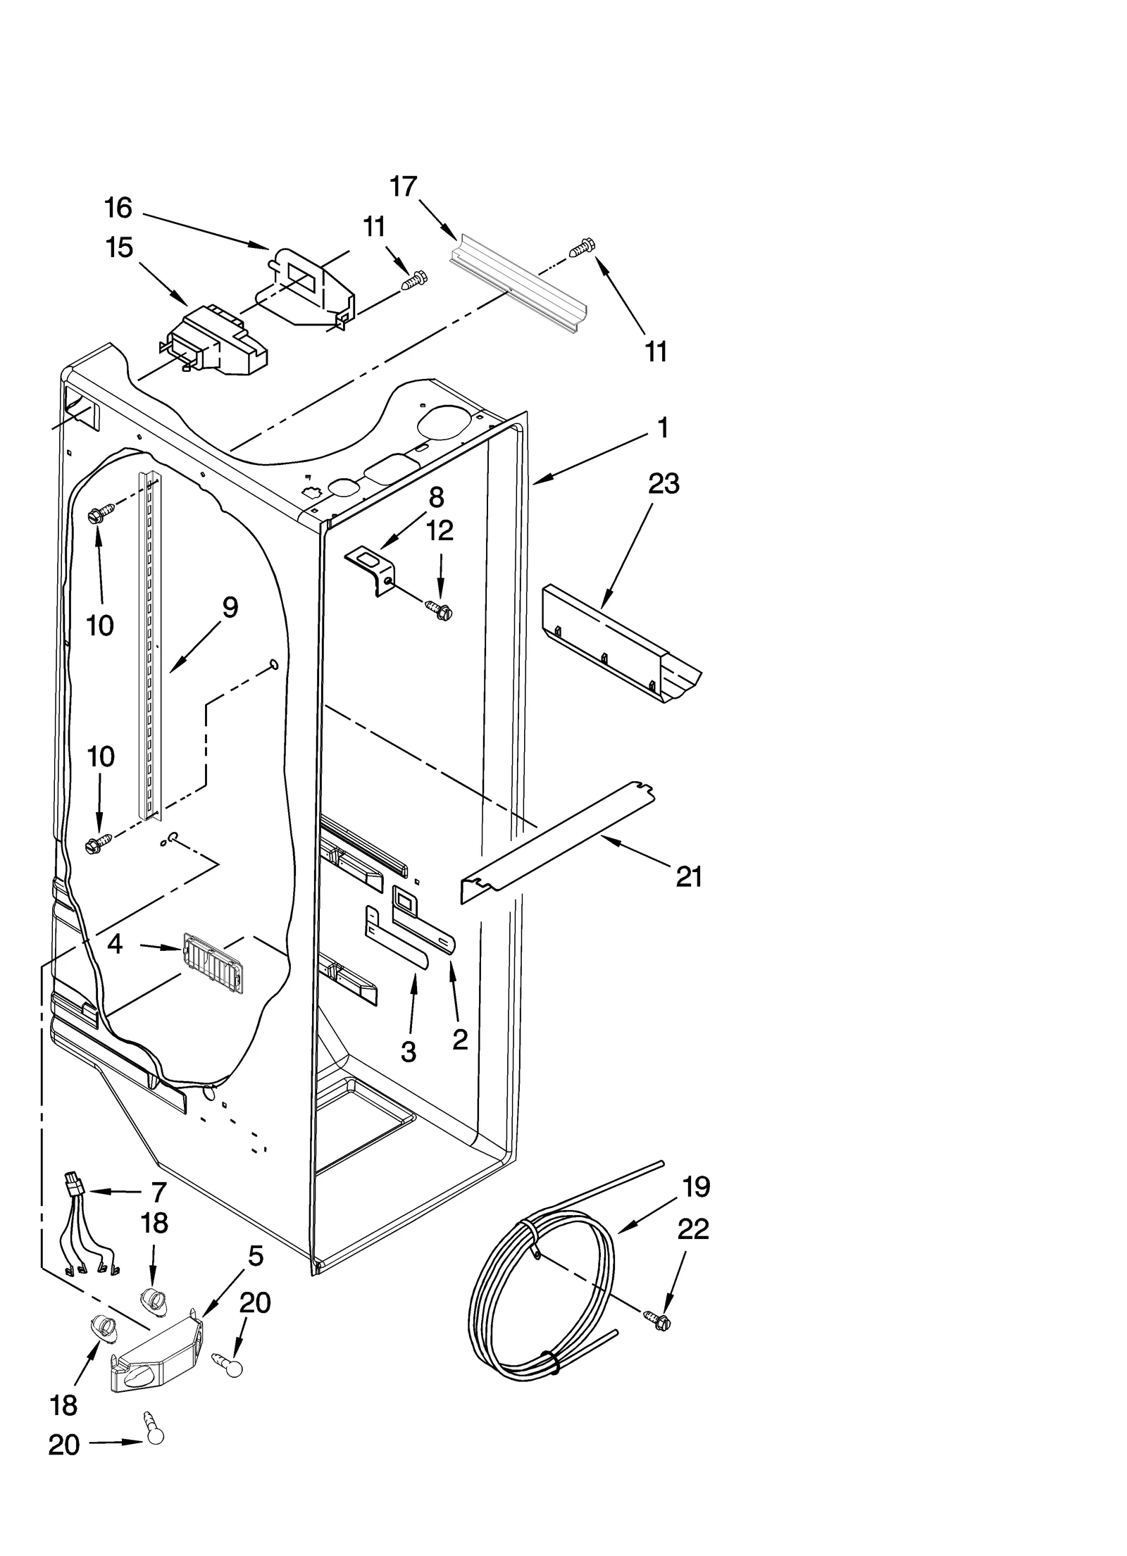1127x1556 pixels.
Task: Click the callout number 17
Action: coord(404,187)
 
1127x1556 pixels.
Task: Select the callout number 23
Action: coord(664,484)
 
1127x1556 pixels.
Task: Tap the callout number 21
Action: coord(689,877)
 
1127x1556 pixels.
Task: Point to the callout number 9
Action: coord(230,608)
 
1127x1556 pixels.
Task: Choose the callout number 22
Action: coord(693,1230)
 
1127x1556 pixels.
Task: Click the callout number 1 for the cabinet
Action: coord(662,428)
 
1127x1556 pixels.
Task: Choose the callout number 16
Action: coord(118,208)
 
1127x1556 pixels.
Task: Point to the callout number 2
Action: coord(459,1039)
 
